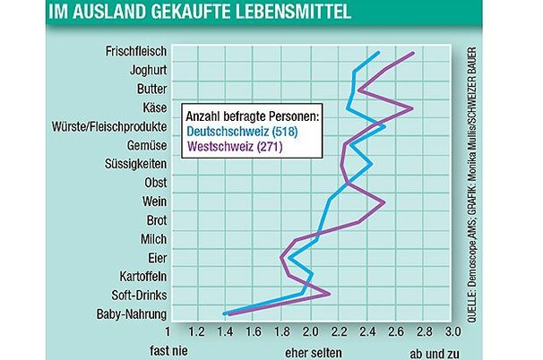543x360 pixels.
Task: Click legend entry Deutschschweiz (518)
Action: (240, 132)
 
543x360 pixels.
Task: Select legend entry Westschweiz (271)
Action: (232, 147)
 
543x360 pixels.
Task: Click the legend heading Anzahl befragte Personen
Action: (252, 116)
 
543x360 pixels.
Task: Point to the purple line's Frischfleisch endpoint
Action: (413, 53)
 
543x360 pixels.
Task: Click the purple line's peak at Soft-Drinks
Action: (330, 293)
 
